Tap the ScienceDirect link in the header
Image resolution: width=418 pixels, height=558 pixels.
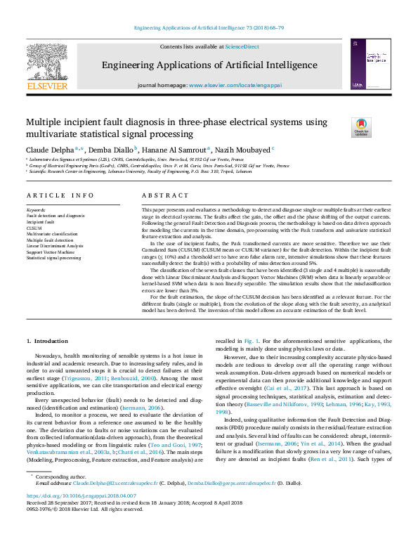click(x=242, y=46)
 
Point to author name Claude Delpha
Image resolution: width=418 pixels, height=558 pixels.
click(x=47, y=150)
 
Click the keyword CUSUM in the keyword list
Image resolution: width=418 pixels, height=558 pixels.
click(x=34, y=228)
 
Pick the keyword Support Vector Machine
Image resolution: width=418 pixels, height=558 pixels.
click(x=50, y=252)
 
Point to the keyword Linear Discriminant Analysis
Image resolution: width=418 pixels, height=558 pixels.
click(x=55, y=246)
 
